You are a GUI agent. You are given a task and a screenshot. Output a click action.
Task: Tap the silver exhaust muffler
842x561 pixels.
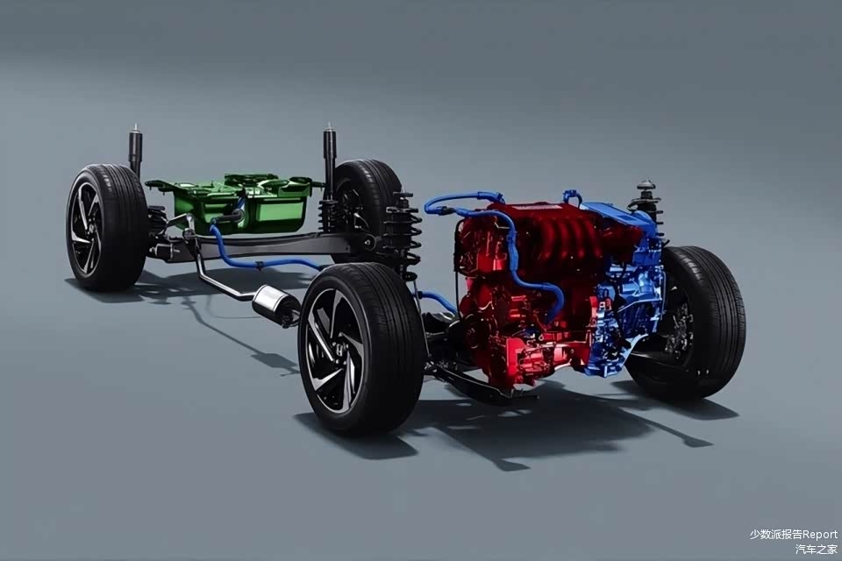[x=275, y=304]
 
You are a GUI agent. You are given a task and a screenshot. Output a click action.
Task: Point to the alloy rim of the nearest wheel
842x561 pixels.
[x=335, y=350]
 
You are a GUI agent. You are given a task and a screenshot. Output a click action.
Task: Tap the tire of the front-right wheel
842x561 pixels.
[x=698, y=322]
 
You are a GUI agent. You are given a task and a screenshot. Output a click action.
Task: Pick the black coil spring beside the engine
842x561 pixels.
[x=403, y=236]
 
